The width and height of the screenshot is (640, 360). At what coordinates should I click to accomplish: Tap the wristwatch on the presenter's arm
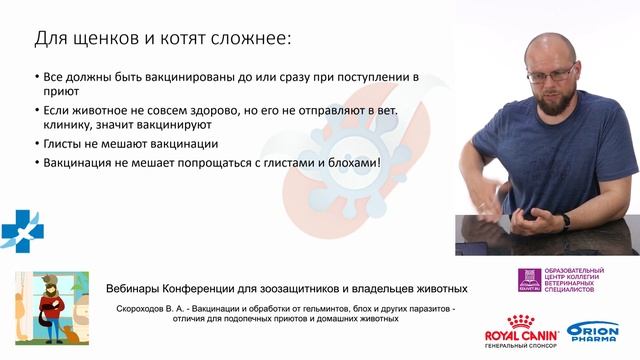[x=565, y=220]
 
